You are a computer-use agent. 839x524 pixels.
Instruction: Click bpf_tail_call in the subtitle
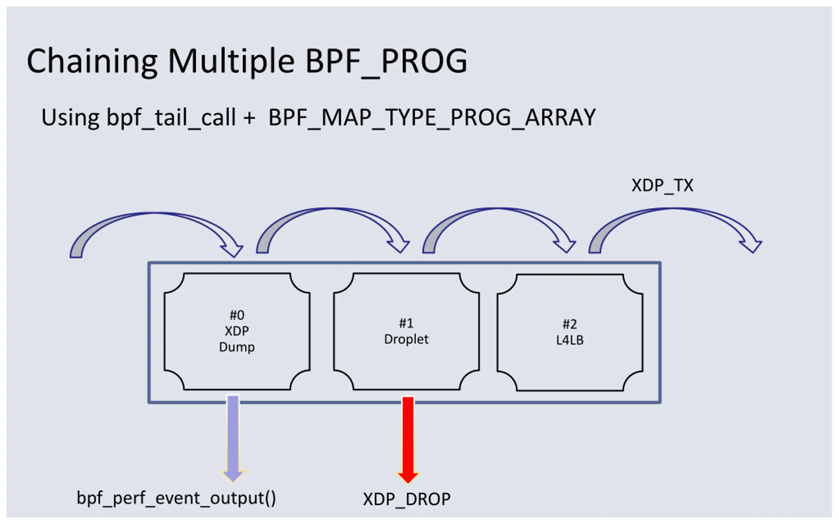tap(171, 118)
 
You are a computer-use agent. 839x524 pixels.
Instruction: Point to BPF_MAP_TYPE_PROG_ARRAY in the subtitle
tap(432, 118)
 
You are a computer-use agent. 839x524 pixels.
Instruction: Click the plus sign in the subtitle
tap(249, 118)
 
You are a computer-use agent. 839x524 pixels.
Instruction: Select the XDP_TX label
tap(662, 186)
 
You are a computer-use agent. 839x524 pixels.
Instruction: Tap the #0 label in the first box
tap(237, 315)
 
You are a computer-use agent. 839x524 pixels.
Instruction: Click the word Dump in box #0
tap(237, 347)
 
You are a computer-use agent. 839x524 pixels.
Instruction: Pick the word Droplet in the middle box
tap(406, 339)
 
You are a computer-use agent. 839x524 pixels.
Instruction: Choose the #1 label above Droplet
tap(406, 323)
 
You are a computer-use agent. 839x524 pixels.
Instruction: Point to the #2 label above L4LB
tap(570, 324)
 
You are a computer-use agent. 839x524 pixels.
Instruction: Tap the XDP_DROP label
tap(406, 499)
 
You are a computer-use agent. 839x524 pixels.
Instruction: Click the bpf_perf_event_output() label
tap(176, 498)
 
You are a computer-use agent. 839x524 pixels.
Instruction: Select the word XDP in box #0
tap(237, 331)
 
